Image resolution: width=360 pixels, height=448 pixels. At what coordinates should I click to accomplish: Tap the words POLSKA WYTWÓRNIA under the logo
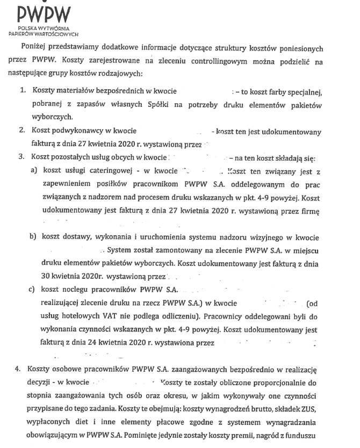pyautogui.click(x=41, y=26)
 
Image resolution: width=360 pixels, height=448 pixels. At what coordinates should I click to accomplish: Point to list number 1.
pyautogui.click(x=23, y=92)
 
